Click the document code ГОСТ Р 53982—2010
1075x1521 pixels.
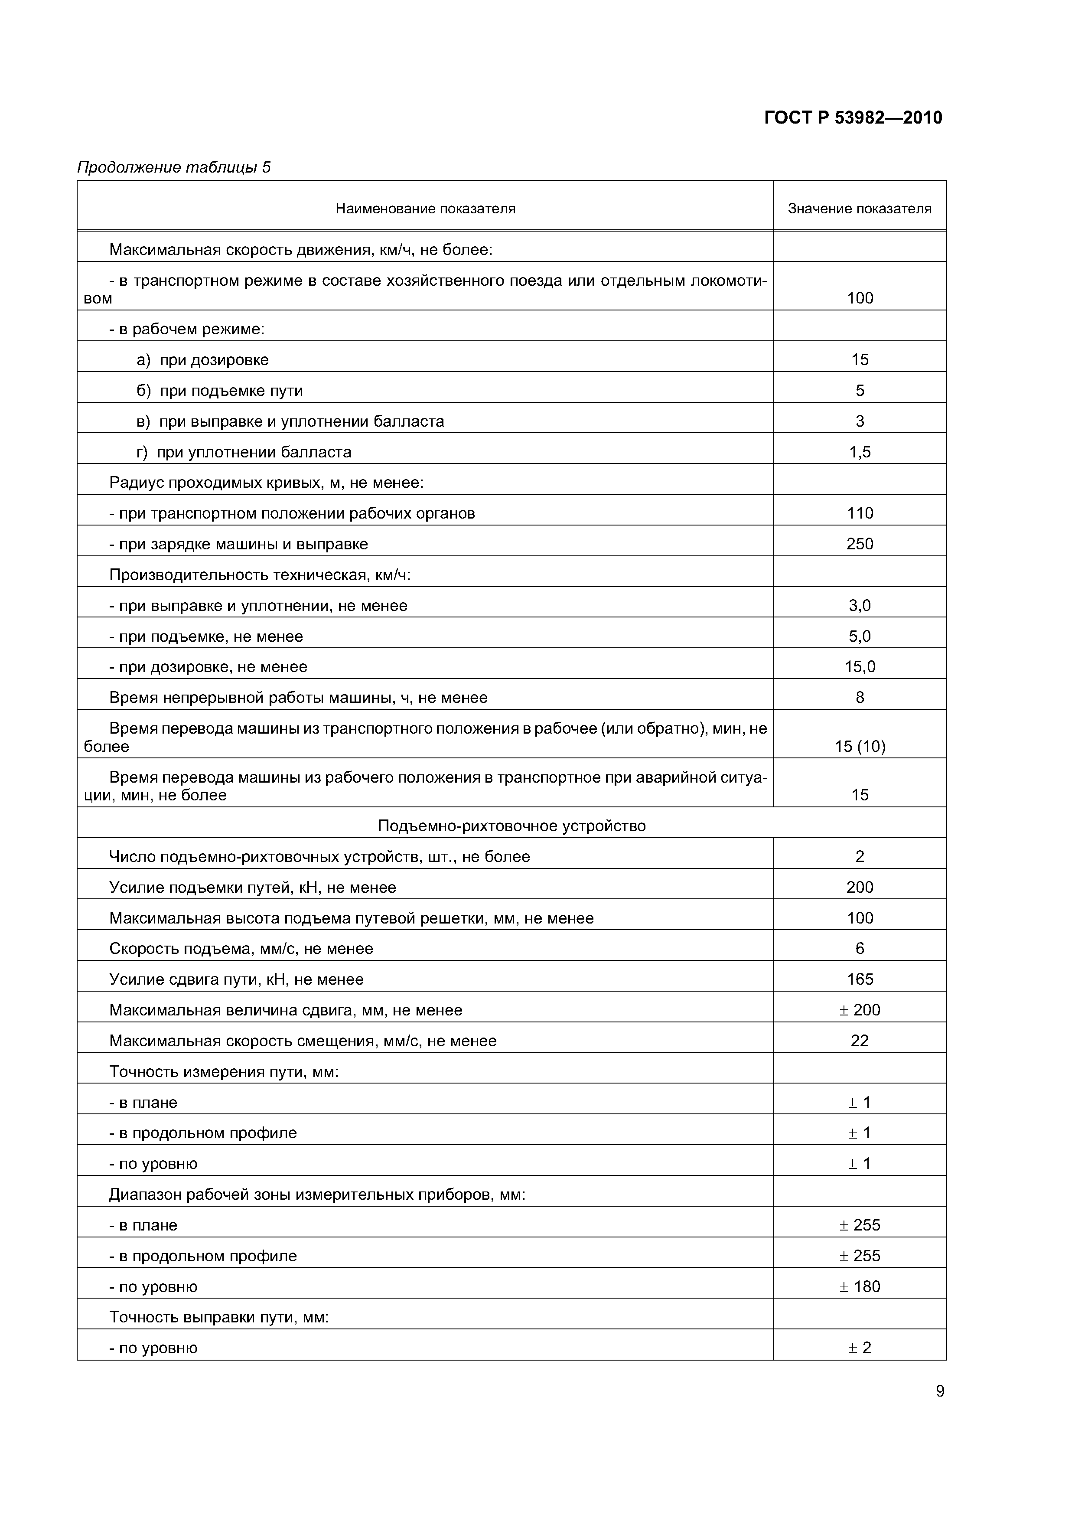coord(853,118)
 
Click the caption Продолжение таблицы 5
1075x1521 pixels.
coord(173,168)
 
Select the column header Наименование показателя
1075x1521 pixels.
coord(425,209)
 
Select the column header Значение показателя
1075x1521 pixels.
coord(859,209)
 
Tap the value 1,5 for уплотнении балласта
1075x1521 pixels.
coord(859,453)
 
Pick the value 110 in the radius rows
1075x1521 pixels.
coord(859,513)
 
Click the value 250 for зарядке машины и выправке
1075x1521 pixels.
coord(859,545)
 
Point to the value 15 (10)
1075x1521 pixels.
coord(859,747)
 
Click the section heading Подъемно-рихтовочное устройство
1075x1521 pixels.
coord(511,826)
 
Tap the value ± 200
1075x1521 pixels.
coord(859,1010)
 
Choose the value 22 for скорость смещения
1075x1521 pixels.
coord(859,1041)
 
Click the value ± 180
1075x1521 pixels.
coord(859,1286)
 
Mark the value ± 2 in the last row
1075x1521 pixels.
coord(859,1348)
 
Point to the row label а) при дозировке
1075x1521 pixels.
coord(203,360)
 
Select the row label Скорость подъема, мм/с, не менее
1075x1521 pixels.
coord(241,949)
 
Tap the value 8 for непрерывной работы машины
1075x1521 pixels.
coord(859,698)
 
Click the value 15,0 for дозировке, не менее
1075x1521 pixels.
coord(859,667)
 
